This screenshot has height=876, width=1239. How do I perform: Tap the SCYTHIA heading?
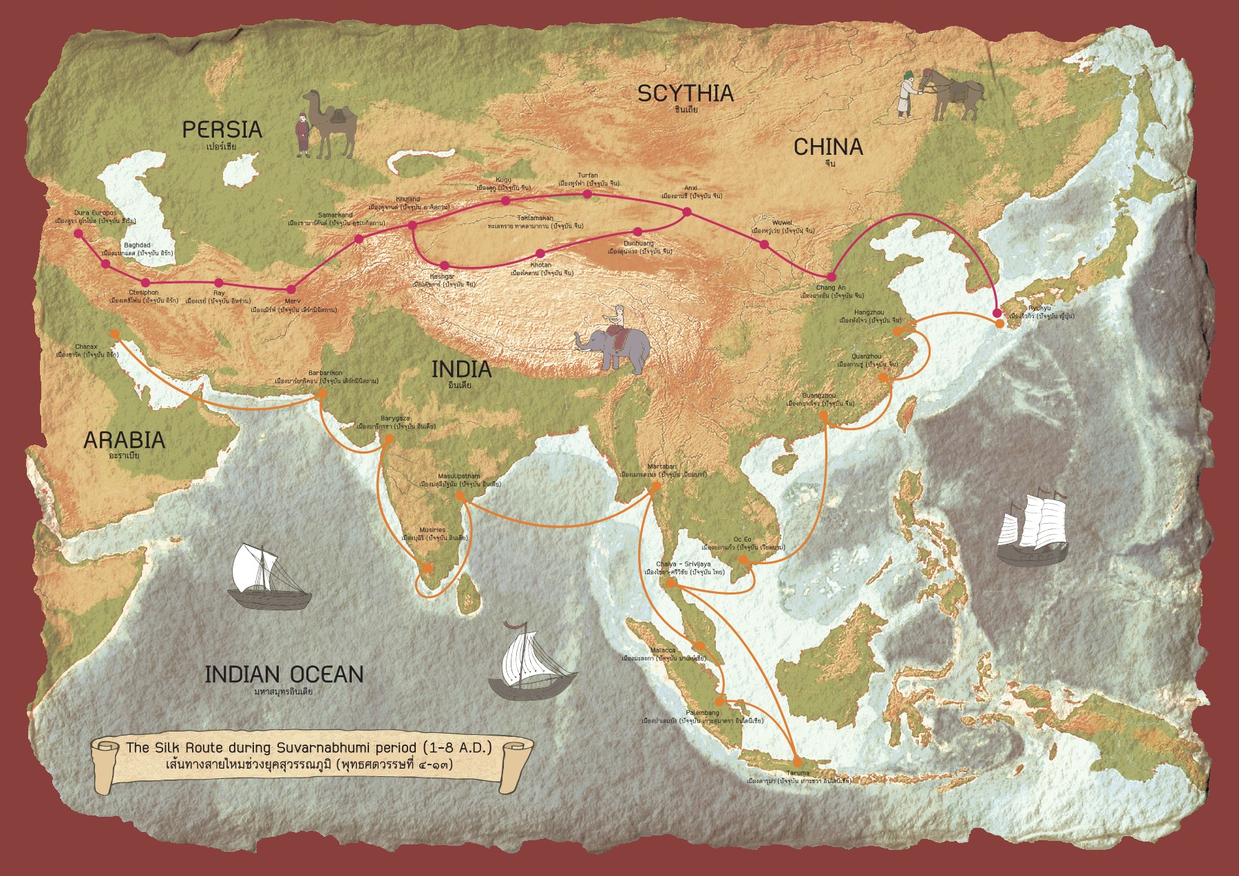click(685, 94)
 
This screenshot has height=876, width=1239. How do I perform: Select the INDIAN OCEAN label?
click(284, 674)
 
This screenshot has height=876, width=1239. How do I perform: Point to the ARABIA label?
click(124, 440)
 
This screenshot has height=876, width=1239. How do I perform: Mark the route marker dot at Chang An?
click(831, 277)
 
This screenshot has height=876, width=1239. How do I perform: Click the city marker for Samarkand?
click(358, 239)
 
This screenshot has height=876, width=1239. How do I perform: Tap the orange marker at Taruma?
click(797, 762)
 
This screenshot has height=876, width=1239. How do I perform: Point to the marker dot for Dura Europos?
click(78, 234)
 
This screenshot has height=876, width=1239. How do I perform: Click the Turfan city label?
click(587, 176)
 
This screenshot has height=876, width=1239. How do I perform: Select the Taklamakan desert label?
click(535, 219)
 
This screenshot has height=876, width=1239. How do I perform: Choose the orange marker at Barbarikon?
click(321, 394)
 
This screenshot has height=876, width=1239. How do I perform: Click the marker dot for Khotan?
click(540, 253)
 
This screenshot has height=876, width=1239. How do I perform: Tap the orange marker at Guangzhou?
click(824, 415)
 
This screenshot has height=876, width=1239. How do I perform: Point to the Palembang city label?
click(702, 713)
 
